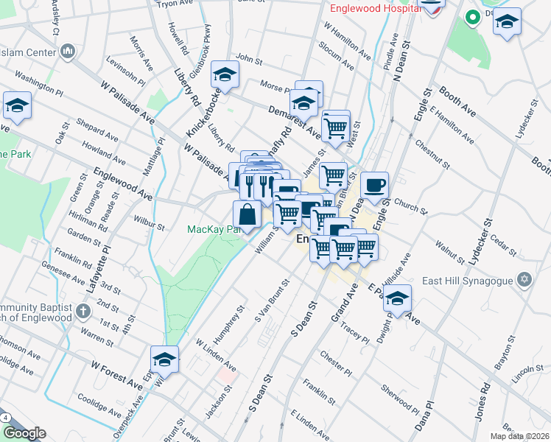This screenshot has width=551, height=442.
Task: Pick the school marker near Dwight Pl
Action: pos(397,299)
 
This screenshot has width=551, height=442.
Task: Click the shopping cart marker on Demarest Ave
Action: pos(336,127)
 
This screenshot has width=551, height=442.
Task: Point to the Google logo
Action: pos(24,433)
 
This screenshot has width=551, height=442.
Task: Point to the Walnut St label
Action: pos(451,251)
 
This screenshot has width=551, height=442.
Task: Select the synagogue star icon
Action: pos(524,280)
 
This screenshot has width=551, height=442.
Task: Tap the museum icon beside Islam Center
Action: pos(68,52)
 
